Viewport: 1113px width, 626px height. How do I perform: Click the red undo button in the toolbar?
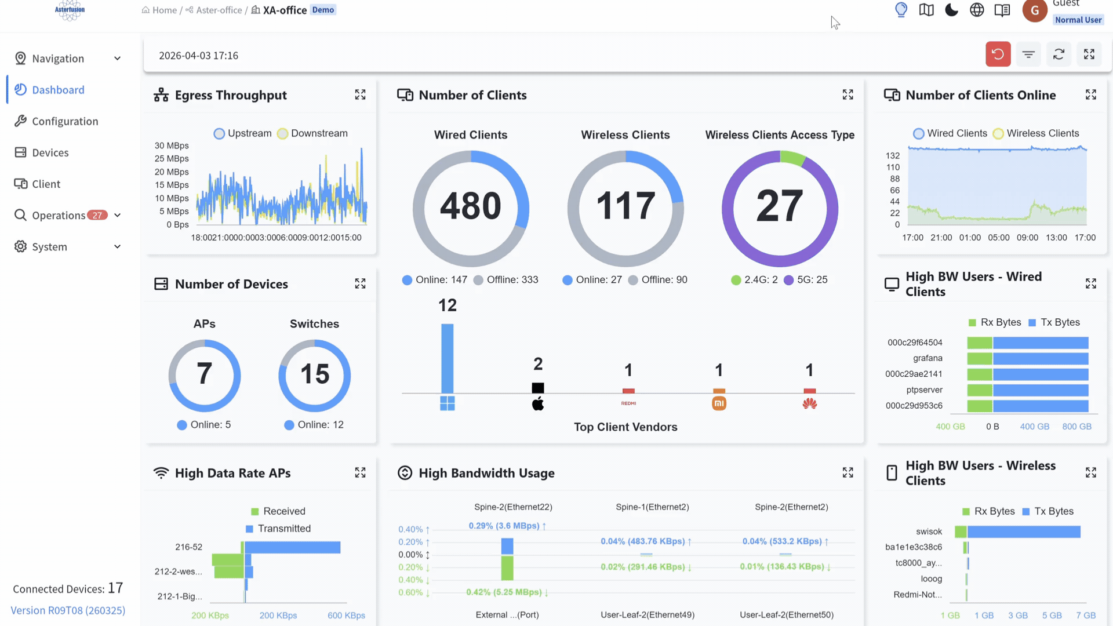tap(998, 54)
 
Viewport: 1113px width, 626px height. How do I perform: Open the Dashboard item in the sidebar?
tap(58, 90)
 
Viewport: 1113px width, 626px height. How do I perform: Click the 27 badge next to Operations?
tap(97, 215)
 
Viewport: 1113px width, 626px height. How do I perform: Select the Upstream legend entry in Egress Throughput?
tap(242, 133)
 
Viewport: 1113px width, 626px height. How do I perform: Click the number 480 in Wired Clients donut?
tap(470, 206)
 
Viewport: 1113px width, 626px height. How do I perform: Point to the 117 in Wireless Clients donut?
tap(625, 206)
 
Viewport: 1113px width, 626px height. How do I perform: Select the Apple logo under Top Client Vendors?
tap(538, 404)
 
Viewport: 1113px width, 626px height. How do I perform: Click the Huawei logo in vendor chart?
tap(809, 403)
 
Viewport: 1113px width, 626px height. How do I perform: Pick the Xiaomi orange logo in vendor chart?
tap(719, 403)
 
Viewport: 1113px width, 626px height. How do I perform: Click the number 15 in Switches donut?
tap(314, 374)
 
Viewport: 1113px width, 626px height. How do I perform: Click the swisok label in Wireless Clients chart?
tap(929, 532)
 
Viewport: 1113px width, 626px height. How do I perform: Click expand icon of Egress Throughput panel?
tap(360, 94)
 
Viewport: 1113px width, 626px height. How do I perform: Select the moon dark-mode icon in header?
tap(951, 10)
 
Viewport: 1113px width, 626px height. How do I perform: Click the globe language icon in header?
tap(977, 10)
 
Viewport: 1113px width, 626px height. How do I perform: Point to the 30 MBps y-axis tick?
tap(172, 145)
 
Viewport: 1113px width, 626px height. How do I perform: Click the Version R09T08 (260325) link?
tap(68, 610)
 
